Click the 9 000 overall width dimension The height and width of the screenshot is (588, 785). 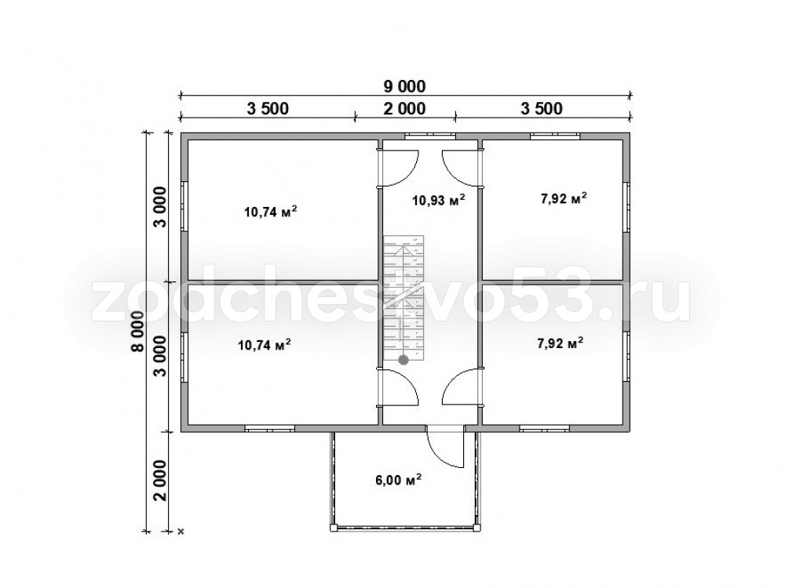click(404, 86)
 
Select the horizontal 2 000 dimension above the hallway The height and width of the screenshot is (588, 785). click(404, 108)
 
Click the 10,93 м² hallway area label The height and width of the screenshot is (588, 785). click(439, 200)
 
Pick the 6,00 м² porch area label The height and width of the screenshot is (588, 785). click(398, 479)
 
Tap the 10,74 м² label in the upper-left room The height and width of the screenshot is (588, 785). click(271, 211)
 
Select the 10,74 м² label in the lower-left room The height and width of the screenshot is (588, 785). click(265, 344)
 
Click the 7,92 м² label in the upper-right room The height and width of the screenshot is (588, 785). click(564, 198)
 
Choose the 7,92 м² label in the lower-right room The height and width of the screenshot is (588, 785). click(560, 343)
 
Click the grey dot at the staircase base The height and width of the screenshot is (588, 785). click(403, 359)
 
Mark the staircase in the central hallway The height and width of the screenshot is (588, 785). click(404, 299)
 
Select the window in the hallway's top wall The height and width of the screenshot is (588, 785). click(430, 135)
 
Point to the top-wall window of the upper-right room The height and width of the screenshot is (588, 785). click(555, 135)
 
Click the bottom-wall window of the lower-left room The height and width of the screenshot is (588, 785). click(270, 428)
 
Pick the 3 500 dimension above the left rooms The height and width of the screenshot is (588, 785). click(268, 108)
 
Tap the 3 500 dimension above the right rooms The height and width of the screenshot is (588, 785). click(542, 108)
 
